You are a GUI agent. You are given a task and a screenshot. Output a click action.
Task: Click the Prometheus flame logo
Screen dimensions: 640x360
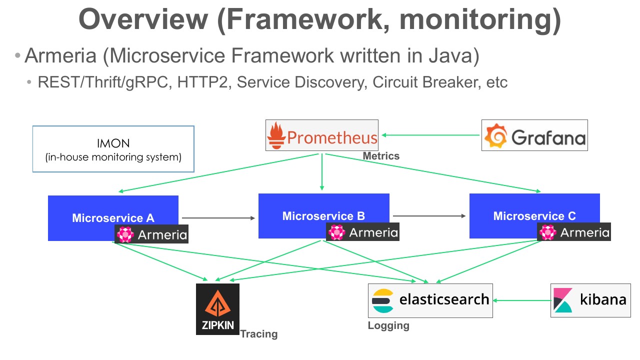[x=276, y=135]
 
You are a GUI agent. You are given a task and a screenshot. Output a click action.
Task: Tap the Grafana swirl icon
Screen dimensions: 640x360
[x=495, y=135]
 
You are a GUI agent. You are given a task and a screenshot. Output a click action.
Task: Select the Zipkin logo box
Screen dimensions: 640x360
[x=217, y=309]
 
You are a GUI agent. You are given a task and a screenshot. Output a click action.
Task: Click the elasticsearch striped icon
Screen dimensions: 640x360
[x=383, y=300]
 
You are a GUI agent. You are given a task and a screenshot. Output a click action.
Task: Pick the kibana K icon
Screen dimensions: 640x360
[x=563, y=300]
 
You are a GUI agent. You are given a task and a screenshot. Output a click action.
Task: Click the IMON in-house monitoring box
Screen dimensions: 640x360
[x=113, y=149]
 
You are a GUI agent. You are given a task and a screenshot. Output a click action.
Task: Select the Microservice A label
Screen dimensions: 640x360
[x=113, y=218]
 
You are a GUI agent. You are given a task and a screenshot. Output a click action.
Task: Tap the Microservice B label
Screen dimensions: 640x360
[x=323, y=216]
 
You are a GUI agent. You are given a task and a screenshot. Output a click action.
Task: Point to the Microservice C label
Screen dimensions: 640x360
[x=534, y=216]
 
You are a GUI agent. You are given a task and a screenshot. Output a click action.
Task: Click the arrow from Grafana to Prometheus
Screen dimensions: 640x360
[x=430, y=135]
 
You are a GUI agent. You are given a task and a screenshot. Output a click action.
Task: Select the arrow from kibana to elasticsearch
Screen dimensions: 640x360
[x=522, y=300]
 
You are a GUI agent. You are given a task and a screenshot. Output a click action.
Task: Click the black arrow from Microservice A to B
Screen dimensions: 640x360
[x=218, y=218]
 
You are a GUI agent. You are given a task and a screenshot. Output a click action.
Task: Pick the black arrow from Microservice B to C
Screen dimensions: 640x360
[x=429, y=216]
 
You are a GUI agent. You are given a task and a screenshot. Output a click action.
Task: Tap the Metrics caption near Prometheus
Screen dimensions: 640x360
[x=381, y=156]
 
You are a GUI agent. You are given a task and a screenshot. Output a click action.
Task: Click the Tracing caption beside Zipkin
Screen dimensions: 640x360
[x=259, y=334]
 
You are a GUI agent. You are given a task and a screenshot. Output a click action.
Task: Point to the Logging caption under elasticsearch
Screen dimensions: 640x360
[x=388, y=325]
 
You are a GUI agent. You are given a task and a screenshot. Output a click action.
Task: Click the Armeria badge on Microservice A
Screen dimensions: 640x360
[x=151, y=234]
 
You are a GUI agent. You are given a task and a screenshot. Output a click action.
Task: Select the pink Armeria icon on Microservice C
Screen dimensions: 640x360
[x=547, y=232]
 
